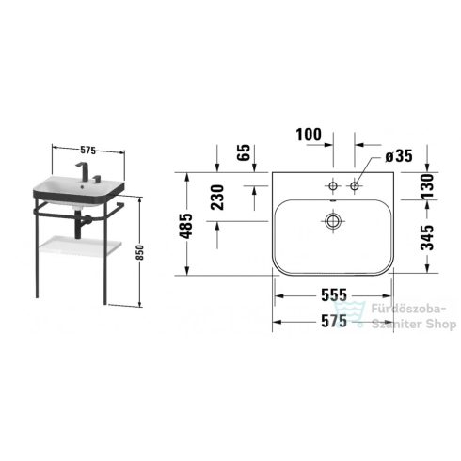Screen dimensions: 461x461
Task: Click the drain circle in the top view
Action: pos(332,222)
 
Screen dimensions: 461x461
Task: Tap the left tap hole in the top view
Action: pos(332,187)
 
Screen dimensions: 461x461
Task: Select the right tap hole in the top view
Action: pos(355,187)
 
